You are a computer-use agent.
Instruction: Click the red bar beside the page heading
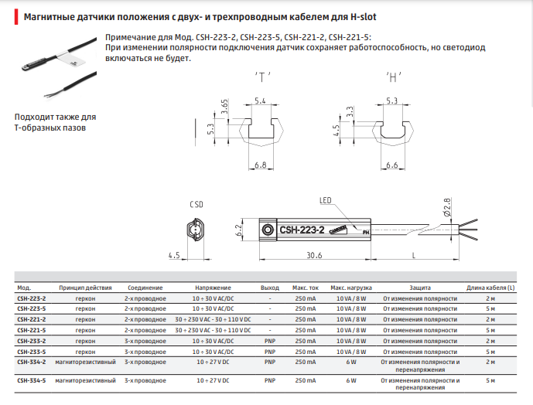pos(16,17)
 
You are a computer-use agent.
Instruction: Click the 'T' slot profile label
pos(262,77)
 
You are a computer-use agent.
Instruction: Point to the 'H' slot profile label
pos(393,77)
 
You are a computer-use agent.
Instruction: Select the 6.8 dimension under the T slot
pos(261,165)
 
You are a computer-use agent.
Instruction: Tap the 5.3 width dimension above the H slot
pos(391,101)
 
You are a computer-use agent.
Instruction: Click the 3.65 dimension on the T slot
pos(224,107)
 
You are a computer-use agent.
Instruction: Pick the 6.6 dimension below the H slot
pos(392,165)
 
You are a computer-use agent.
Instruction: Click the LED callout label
pos(326,200)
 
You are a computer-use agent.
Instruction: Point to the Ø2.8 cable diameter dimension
pos(447,207)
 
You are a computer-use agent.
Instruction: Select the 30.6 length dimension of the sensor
pos(314,255)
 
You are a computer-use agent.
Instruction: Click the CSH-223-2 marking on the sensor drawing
pos(302,230)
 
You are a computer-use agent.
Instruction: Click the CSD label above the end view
pos(196,205)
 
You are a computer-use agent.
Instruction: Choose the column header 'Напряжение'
pos(213,288)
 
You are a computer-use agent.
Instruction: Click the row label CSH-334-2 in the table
pos(31,362)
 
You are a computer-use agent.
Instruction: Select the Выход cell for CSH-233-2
pos(270,341)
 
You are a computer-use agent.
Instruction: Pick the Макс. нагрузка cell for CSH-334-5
pos(351,380)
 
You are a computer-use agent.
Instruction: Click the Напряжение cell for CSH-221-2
pos(213,320)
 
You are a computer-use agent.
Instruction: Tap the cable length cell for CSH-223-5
pos(490,309)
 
